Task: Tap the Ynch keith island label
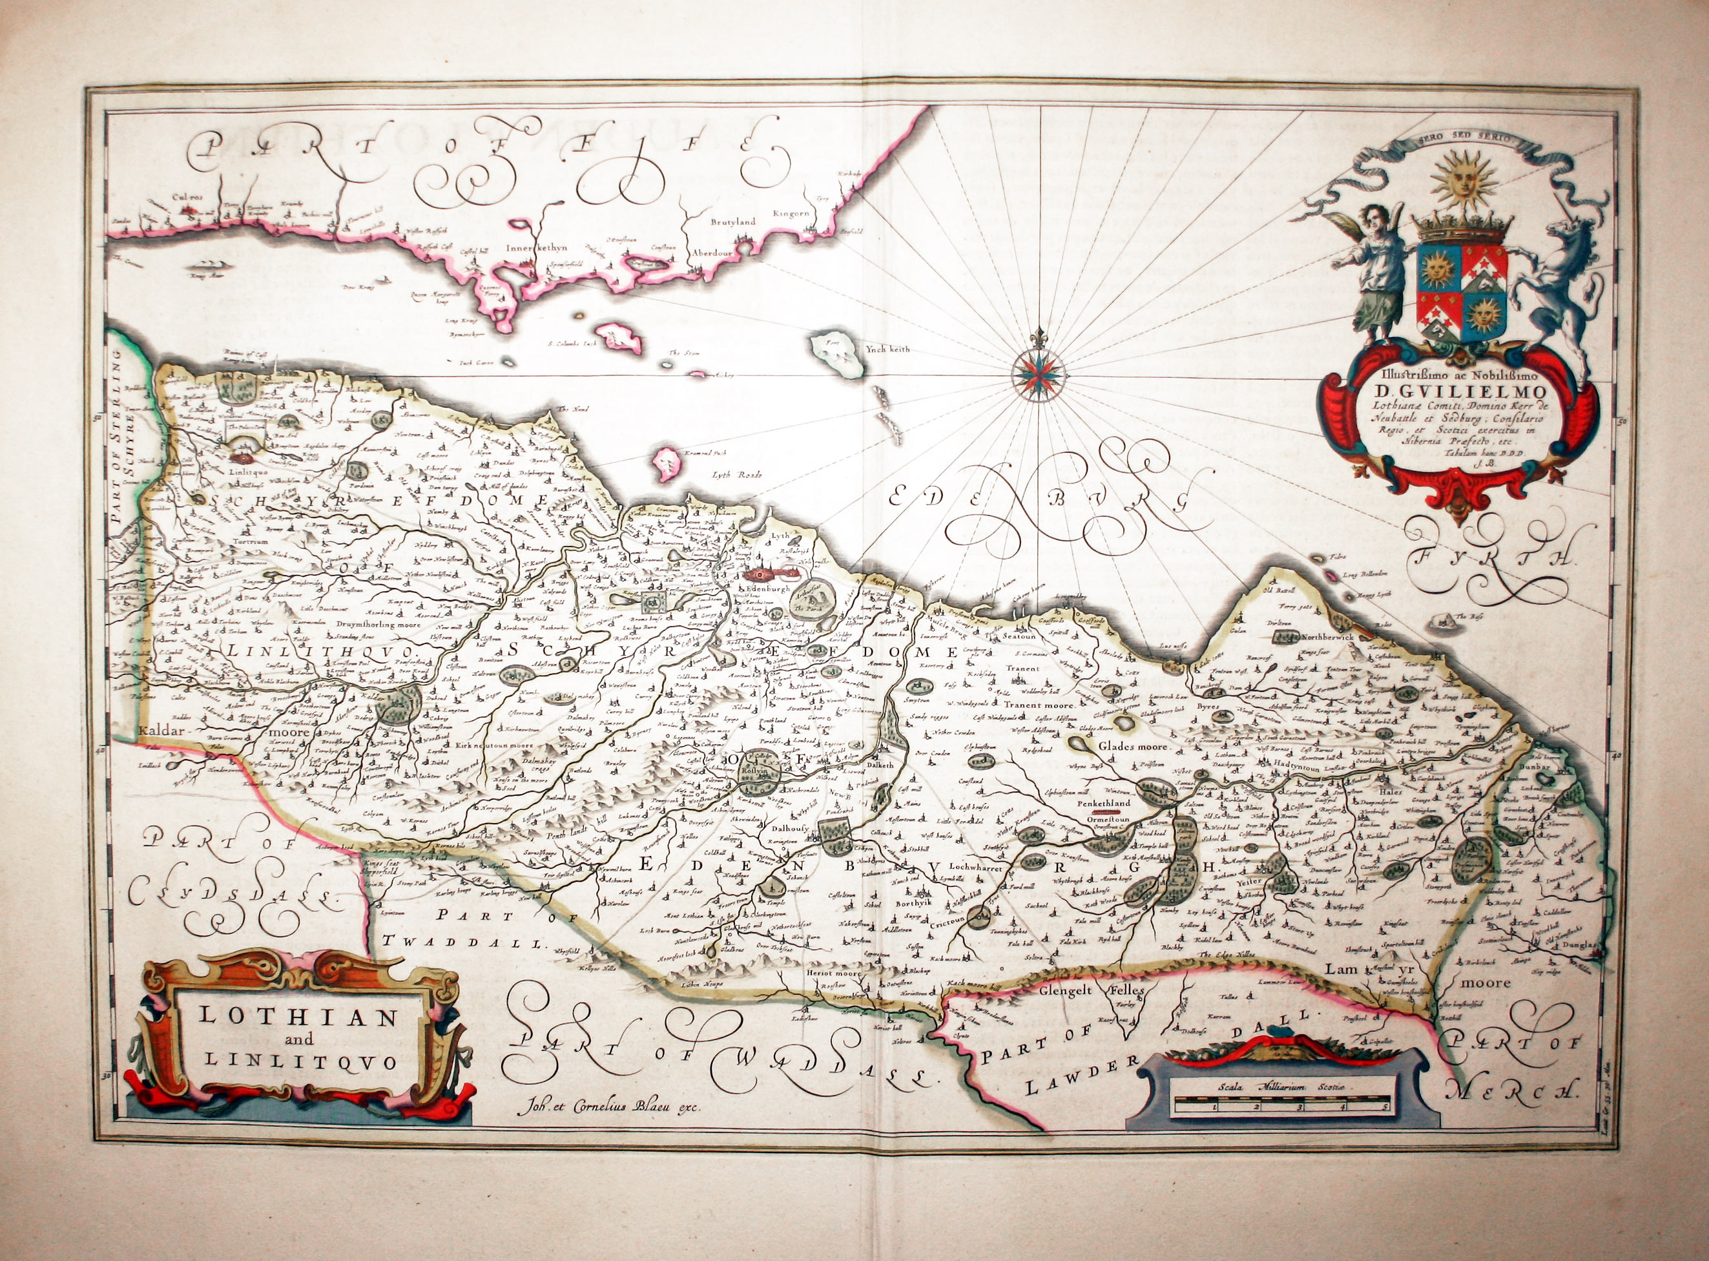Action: (x=887, y=349)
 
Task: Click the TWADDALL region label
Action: (x=466, y=942)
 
